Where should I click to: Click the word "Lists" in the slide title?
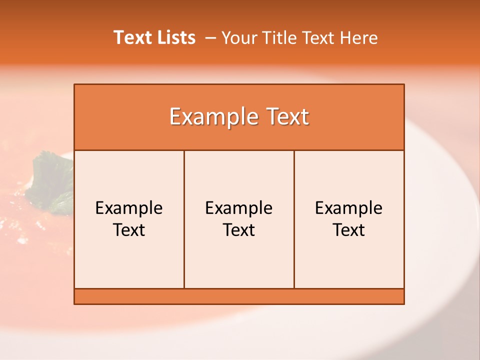tap(174, 37)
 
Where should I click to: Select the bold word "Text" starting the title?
tap(132, 37)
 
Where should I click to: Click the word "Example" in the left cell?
tap(129, 208)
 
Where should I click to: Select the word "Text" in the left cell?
tap(129, 230)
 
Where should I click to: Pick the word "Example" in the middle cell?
tap(239, 208)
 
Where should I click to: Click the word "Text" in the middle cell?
tap(239, 230)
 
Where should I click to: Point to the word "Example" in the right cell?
tap(349, 208)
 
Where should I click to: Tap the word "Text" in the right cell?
tap(349, 230)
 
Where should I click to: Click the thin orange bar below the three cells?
tap(239, 296)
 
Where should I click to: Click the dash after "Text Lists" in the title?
tap(210, 37)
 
